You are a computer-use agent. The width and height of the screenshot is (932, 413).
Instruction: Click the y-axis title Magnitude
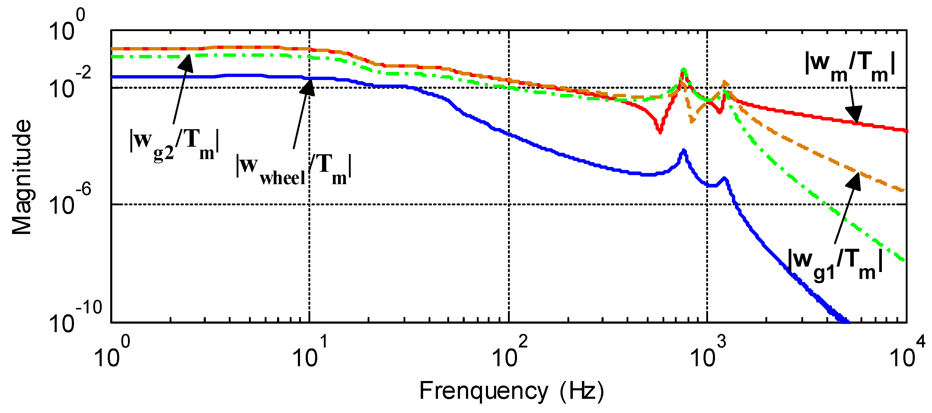22,177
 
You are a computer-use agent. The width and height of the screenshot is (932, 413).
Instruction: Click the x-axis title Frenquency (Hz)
512,391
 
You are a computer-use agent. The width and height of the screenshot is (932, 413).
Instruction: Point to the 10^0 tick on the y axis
67,25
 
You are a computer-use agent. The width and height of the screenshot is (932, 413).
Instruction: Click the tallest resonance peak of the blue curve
683,151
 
